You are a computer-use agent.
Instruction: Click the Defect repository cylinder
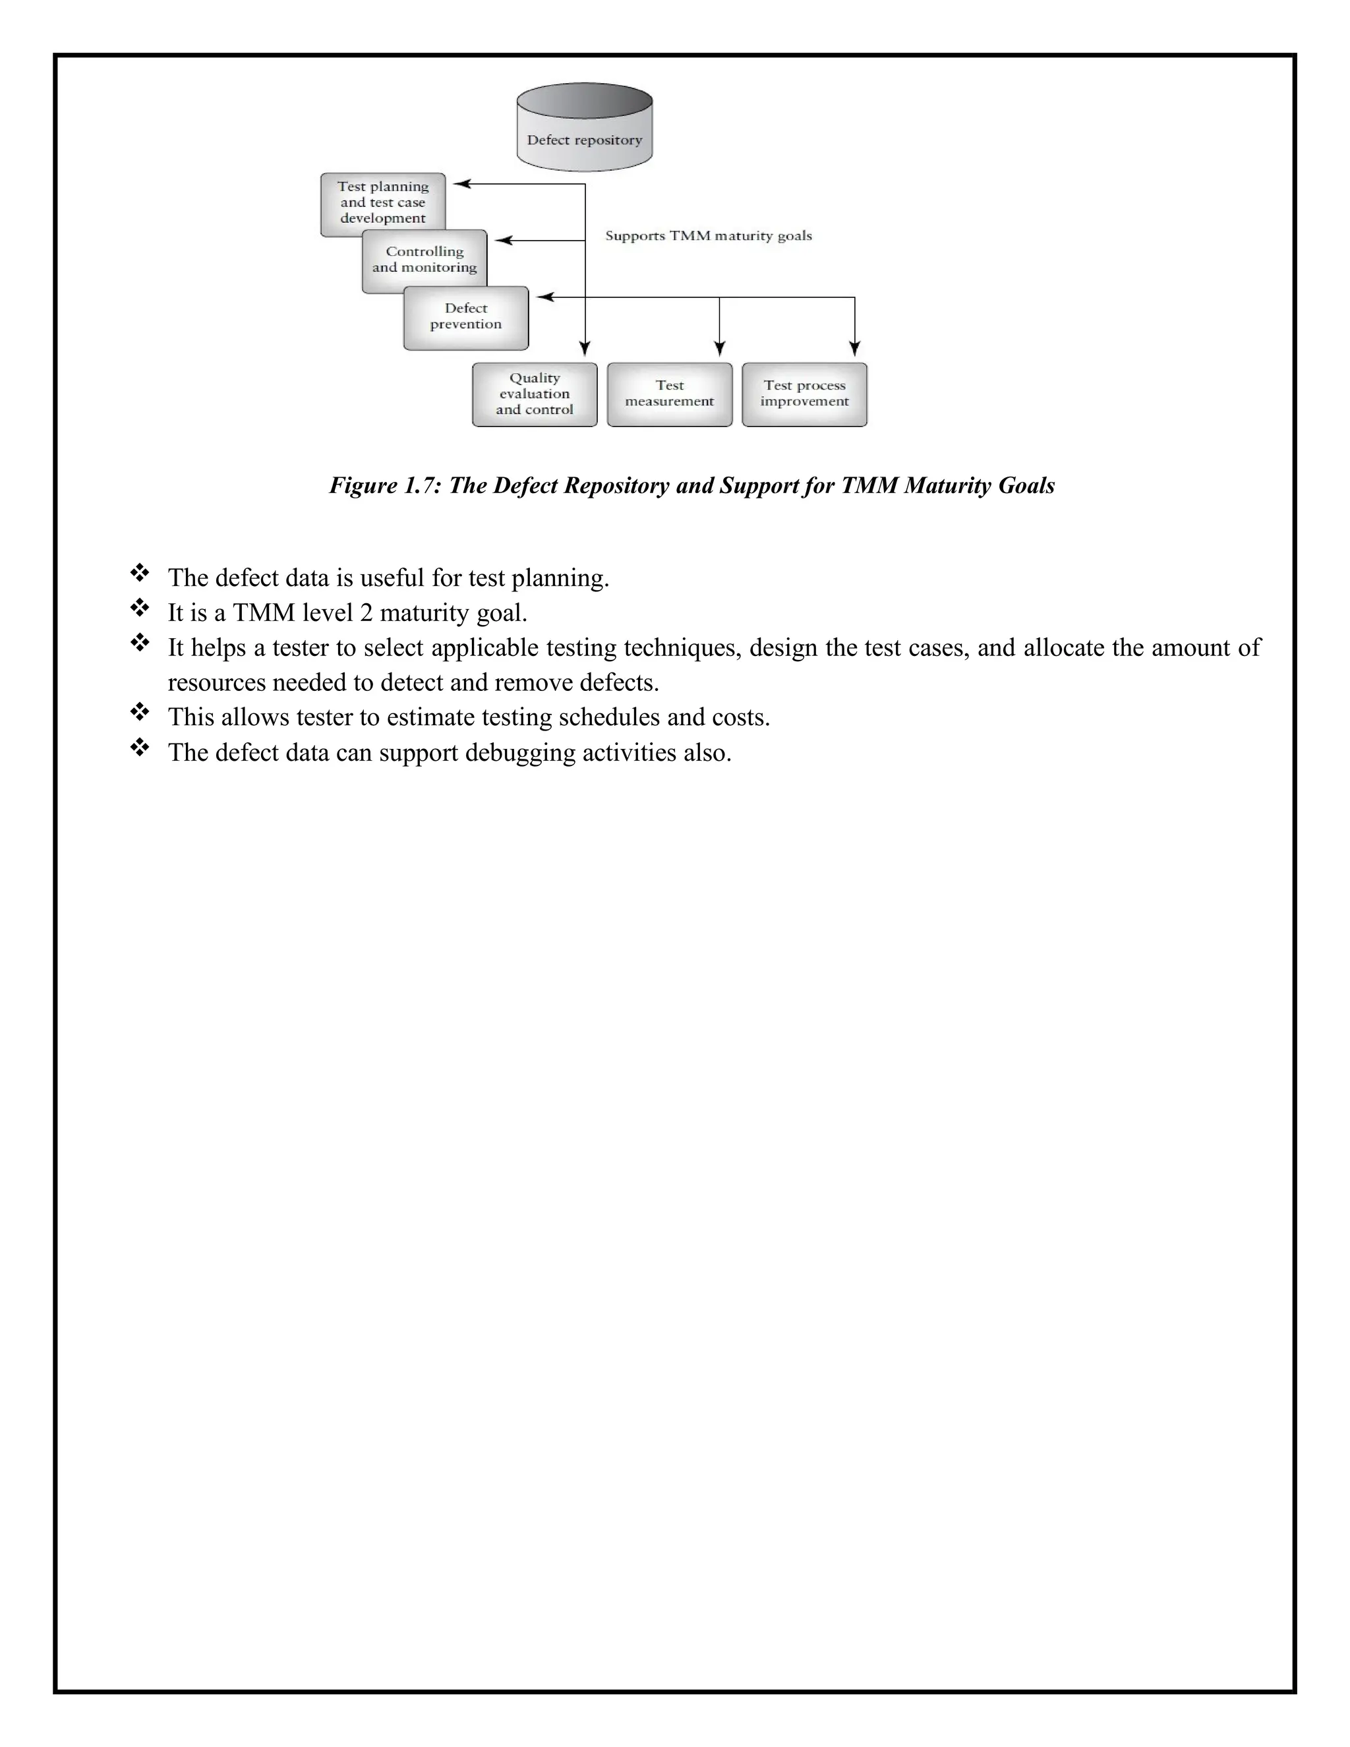585,128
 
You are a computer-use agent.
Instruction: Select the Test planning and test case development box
383,203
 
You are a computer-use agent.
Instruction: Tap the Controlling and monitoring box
425,260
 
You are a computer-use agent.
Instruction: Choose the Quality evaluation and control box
534,394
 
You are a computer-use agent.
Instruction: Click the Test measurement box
670,394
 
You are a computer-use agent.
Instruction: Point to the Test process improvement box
805,394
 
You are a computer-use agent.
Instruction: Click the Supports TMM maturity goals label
709,236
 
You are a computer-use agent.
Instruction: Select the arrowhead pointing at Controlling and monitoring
502,240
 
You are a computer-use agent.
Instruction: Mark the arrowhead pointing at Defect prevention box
544,297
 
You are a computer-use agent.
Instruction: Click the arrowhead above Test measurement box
720,349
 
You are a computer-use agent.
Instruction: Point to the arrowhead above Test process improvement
855,349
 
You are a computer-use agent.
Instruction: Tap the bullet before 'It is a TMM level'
139,608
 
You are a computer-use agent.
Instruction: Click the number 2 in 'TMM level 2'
365,612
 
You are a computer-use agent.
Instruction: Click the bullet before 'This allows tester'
139,712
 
